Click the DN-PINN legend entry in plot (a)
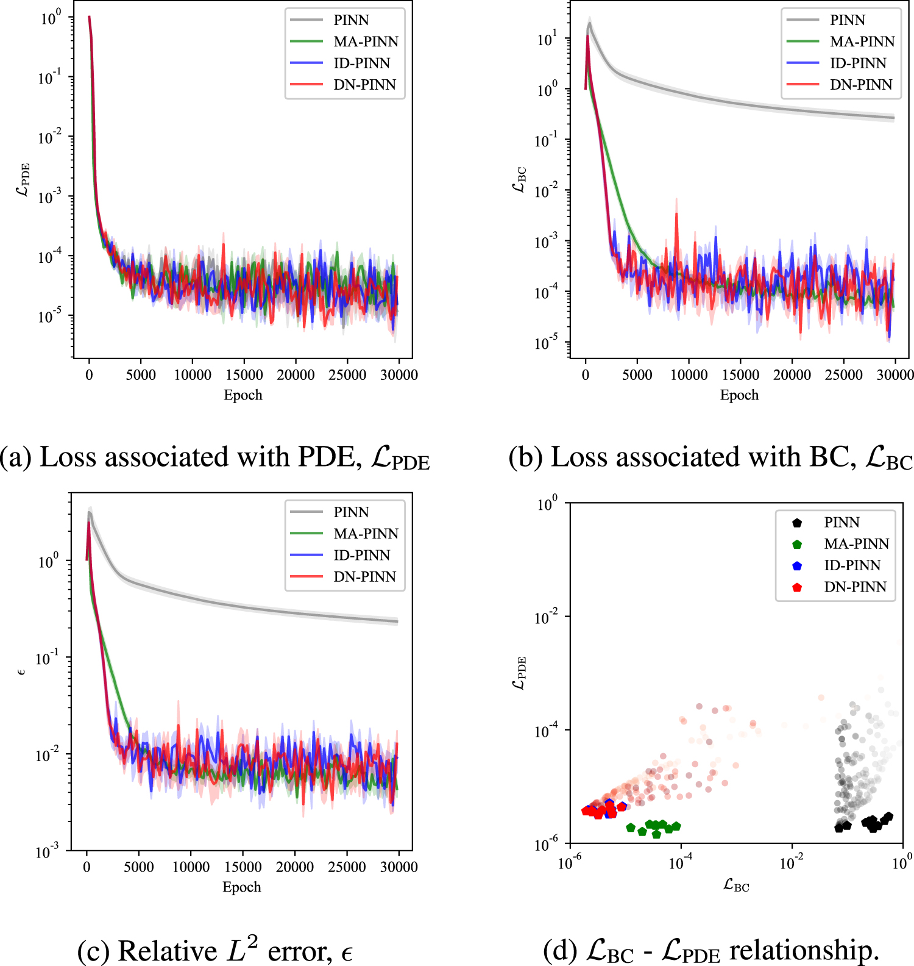(x=364, y=85)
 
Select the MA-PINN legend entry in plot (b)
(x=862, y=41)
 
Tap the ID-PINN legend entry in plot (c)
(x=361, y=555)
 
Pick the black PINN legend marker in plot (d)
(x=797, y=523)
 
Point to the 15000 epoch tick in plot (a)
(x=244, y=375)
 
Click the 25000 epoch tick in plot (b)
(x=843, y=375)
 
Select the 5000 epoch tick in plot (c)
(x=138, y=867)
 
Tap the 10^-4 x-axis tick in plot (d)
(x=681, y=863)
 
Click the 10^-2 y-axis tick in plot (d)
(x=546, y=617)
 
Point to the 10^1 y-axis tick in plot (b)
(x=547, y=40)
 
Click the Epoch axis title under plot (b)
(x=739, y=395)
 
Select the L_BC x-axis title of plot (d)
(x=736, y=885)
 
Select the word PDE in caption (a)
(x=329, y=457)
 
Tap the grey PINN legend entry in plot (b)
(x=847, y=20)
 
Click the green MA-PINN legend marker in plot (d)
(x=797, y=544)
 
